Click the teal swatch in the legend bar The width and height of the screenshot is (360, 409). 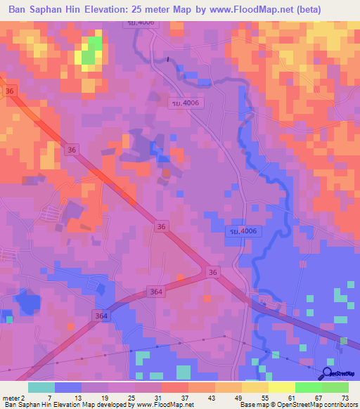click(41, 387)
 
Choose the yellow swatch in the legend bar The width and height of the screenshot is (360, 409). click(282, 387)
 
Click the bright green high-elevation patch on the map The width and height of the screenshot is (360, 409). click(89, 51)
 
